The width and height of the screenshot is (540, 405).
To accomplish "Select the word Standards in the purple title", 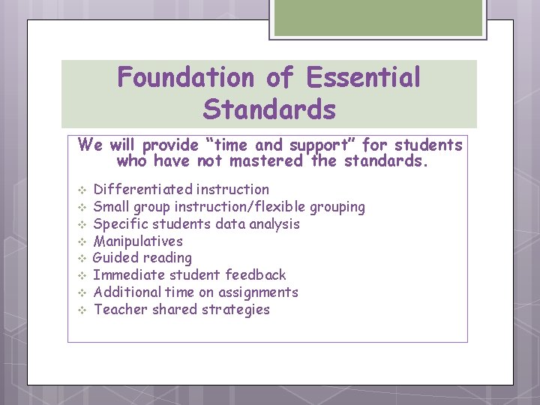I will (269, 110).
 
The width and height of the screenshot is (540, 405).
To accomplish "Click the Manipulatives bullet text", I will (138, 241).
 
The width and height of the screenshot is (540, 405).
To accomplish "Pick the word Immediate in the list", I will (126, 275).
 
